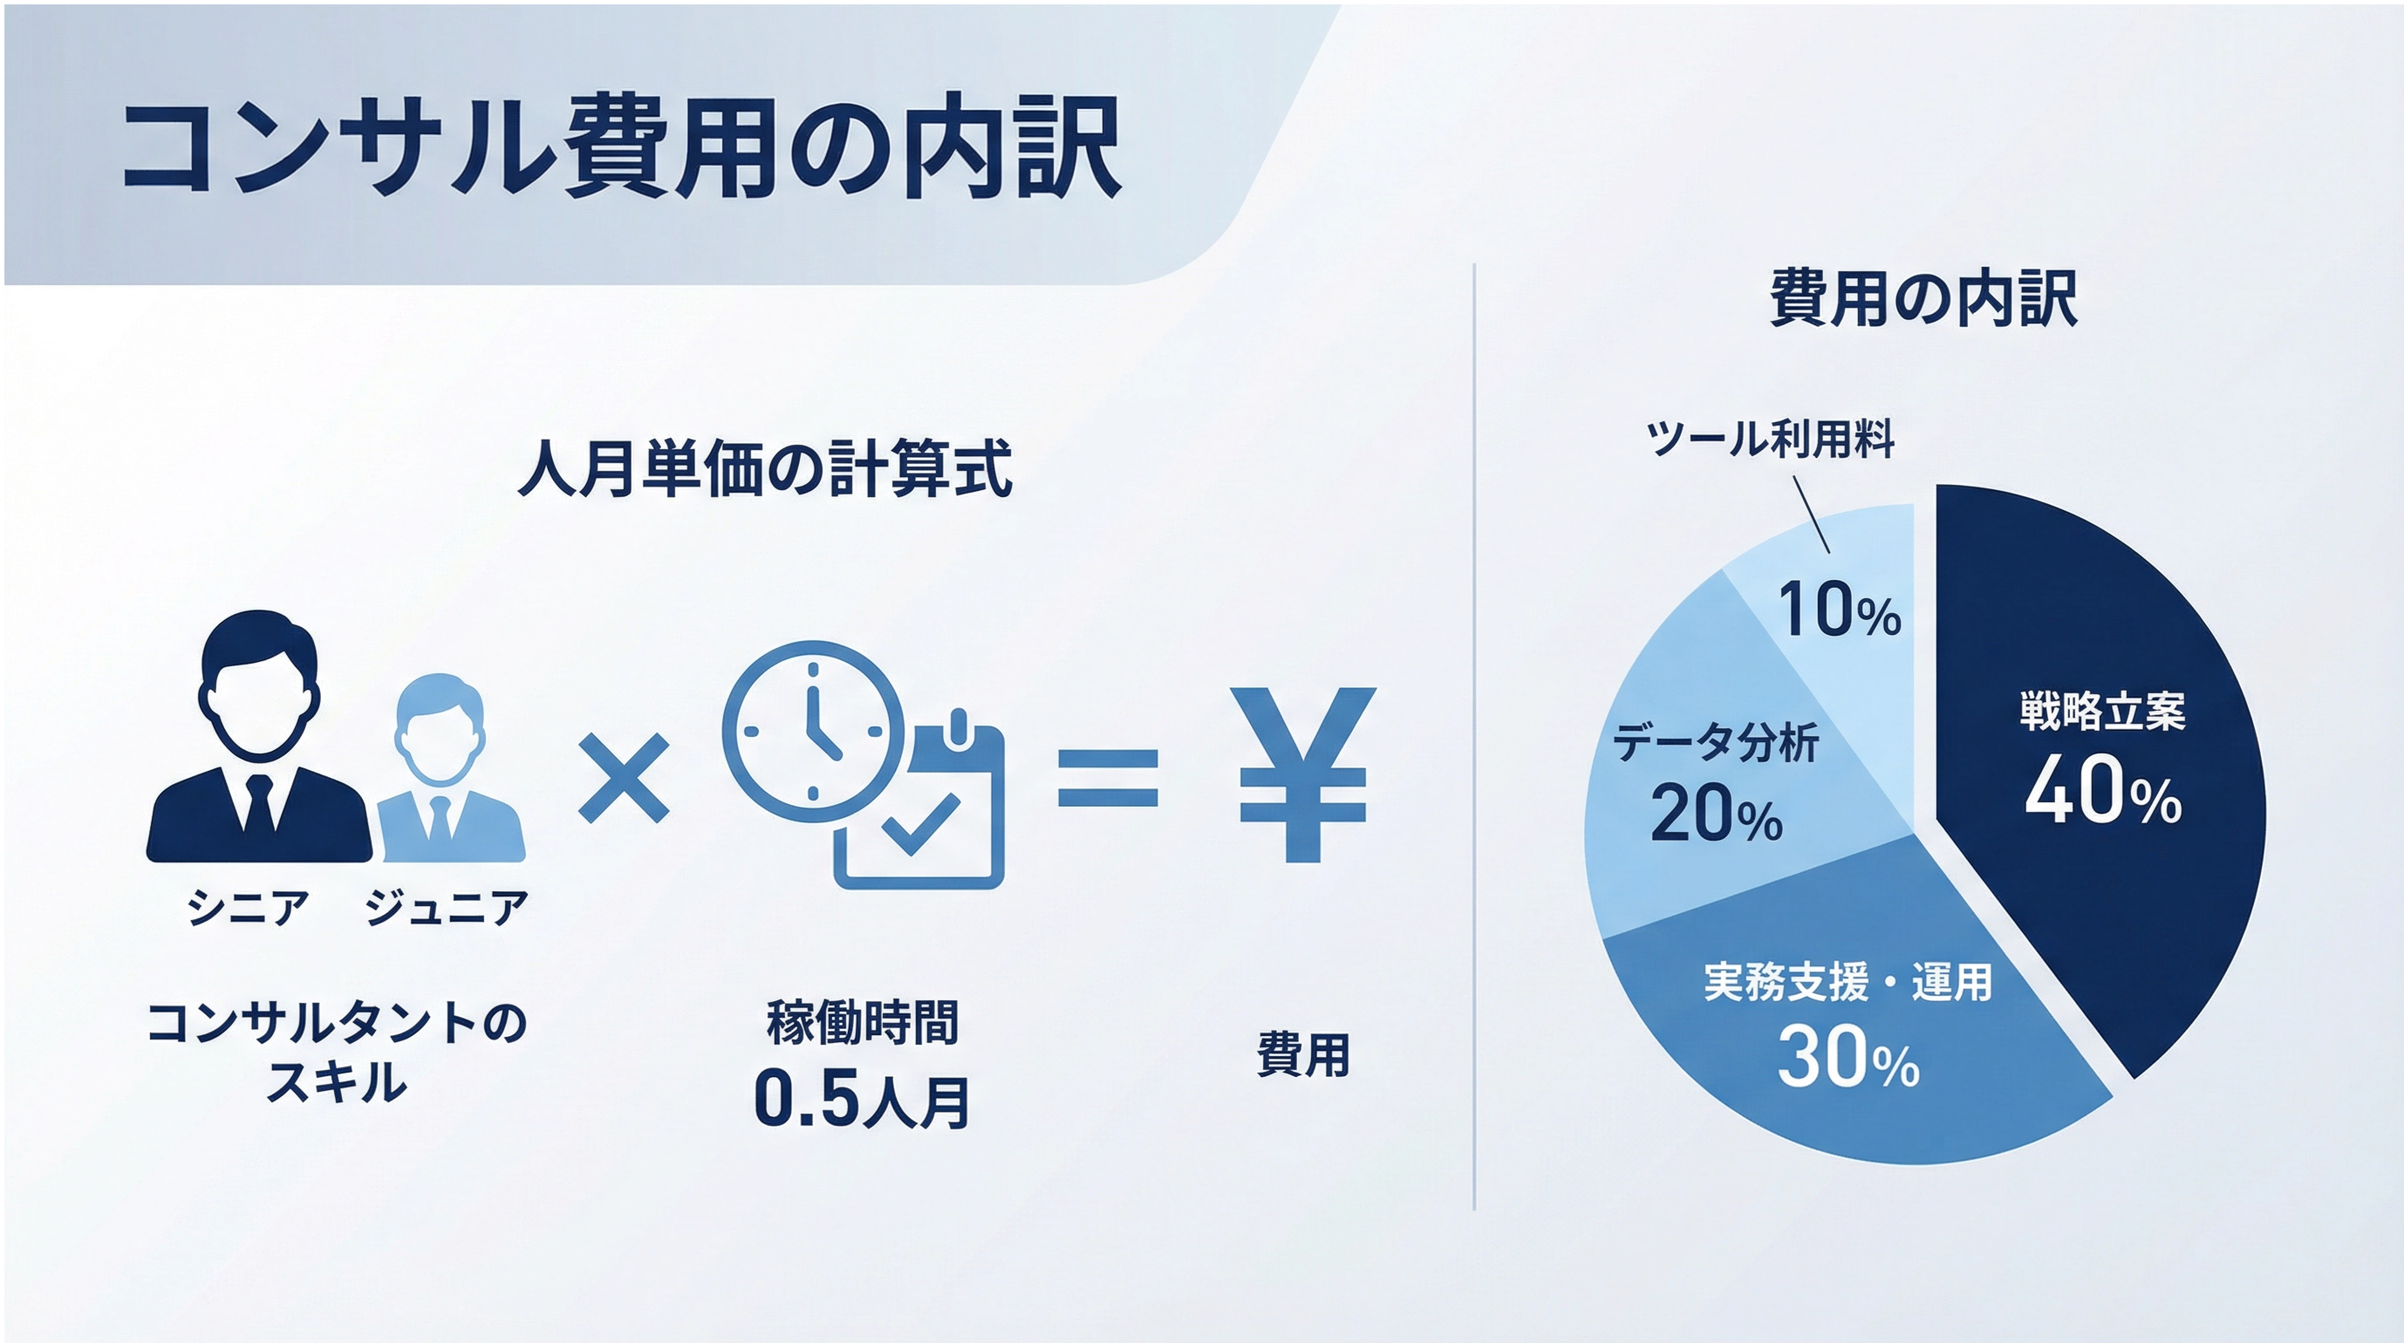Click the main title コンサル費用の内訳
(622, 149)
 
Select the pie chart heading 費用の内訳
(1924, 298)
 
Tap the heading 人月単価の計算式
(764, 468)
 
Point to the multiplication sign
(624, 777)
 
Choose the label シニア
(248, 907)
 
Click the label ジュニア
(446, 907)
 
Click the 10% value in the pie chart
(1840, 609)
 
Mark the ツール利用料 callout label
(1771, 439)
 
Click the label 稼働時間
(863, 1023)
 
